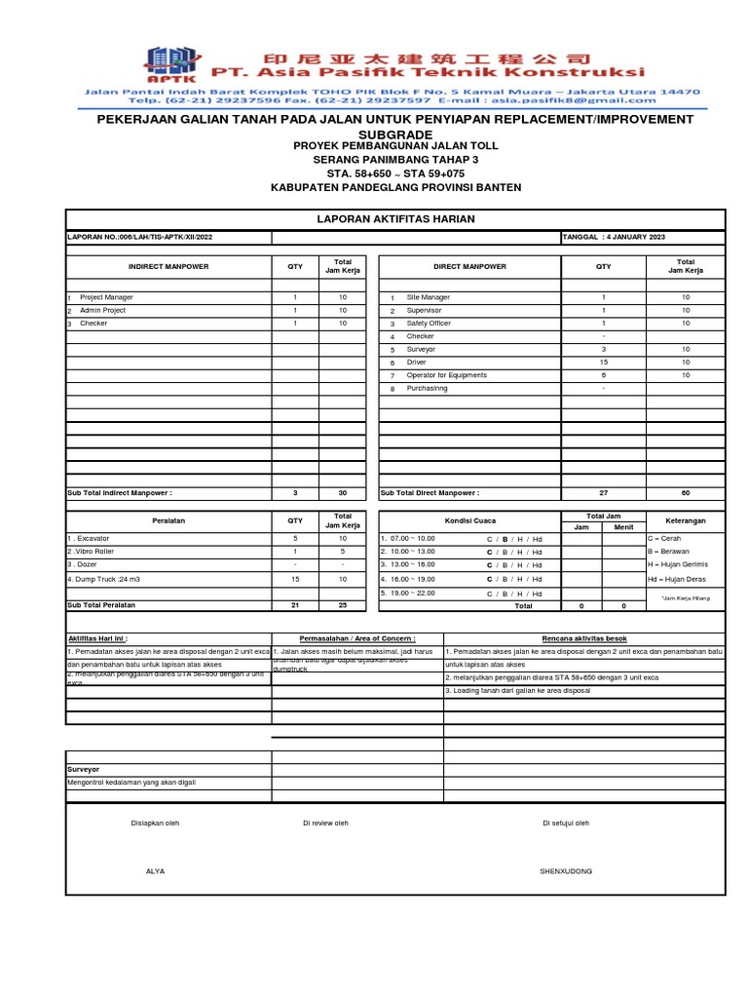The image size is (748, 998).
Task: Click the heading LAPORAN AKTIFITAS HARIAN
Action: pyautogui.click(x=395, y=219)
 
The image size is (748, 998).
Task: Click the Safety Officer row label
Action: pyautogui.click(x=429, y=324)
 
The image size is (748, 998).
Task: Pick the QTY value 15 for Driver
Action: pyautogui.click(x=604, y=363)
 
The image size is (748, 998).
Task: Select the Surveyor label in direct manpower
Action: pyautogui.click(x=421, y=349)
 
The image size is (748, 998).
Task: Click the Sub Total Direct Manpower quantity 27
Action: pyautogui.click(x=604, y=493)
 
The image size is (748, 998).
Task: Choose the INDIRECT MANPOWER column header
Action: pyautogui.click(x=168, y=266)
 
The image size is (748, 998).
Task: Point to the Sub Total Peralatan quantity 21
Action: pyautogui.click(x=294, y=605)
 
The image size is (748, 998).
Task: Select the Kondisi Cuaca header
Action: pyautogui.click(x=469, y=520)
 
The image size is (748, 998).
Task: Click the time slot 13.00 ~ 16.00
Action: pyautogui.click(x=408, y=564)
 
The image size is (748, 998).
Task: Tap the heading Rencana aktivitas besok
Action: pyautogui.click(x=584, y=638)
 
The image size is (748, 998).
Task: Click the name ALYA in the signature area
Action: pyautogui.click(x=155, y=870)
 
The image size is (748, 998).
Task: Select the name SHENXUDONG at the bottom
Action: pyautogui.click(x=566, y=870)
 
